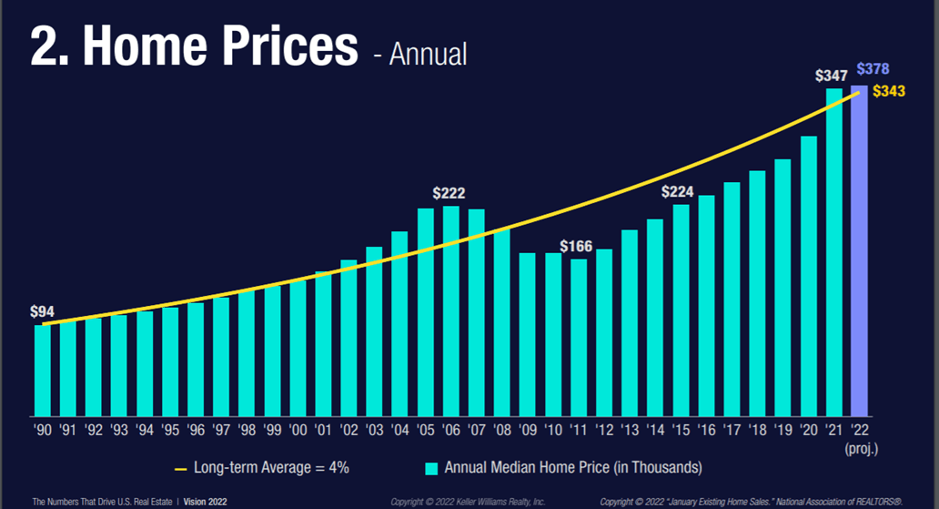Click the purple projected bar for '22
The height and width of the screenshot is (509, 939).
tap(859, 250)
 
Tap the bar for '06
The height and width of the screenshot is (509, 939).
tap(450, 310)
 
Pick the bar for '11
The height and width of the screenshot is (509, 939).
tap(578, 337)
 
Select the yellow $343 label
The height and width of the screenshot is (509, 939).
tap(888, 92)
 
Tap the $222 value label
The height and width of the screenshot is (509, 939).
tap(449, 193)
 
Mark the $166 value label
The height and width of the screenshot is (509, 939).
tap(577, 247)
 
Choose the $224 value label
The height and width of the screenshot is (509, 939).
tap(678, 191)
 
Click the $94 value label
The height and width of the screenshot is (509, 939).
tap(42, 312)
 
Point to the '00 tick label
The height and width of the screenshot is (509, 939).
tap(298, 429)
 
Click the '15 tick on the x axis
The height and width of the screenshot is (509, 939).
tap(681, 429)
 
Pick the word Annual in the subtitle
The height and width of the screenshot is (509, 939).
tap(428, 54)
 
